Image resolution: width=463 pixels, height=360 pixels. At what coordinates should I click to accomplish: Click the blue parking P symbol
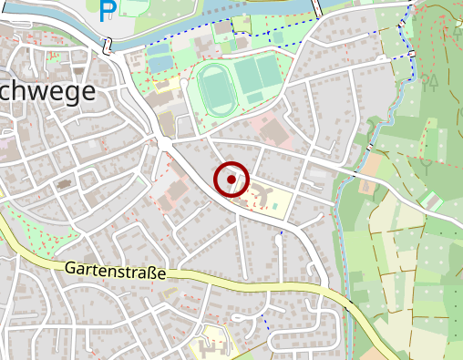(108, 10)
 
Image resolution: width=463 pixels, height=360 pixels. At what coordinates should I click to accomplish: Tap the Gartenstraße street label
(116, 271)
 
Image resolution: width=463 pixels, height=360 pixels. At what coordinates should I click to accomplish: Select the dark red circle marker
(231, 180)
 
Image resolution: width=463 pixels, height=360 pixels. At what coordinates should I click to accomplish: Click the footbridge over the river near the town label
(108, 46)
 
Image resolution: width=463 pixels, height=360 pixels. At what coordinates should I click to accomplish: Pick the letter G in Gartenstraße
(71, 269)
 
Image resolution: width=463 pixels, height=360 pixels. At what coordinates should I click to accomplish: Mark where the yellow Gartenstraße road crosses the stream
(350, 303)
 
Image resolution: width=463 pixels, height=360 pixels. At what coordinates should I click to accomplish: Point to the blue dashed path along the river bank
(273, 31)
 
